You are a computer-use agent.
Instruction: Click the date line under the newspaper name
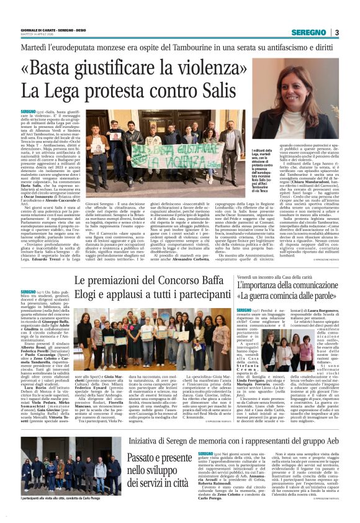pyautogui.click(x=35, y=36)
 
